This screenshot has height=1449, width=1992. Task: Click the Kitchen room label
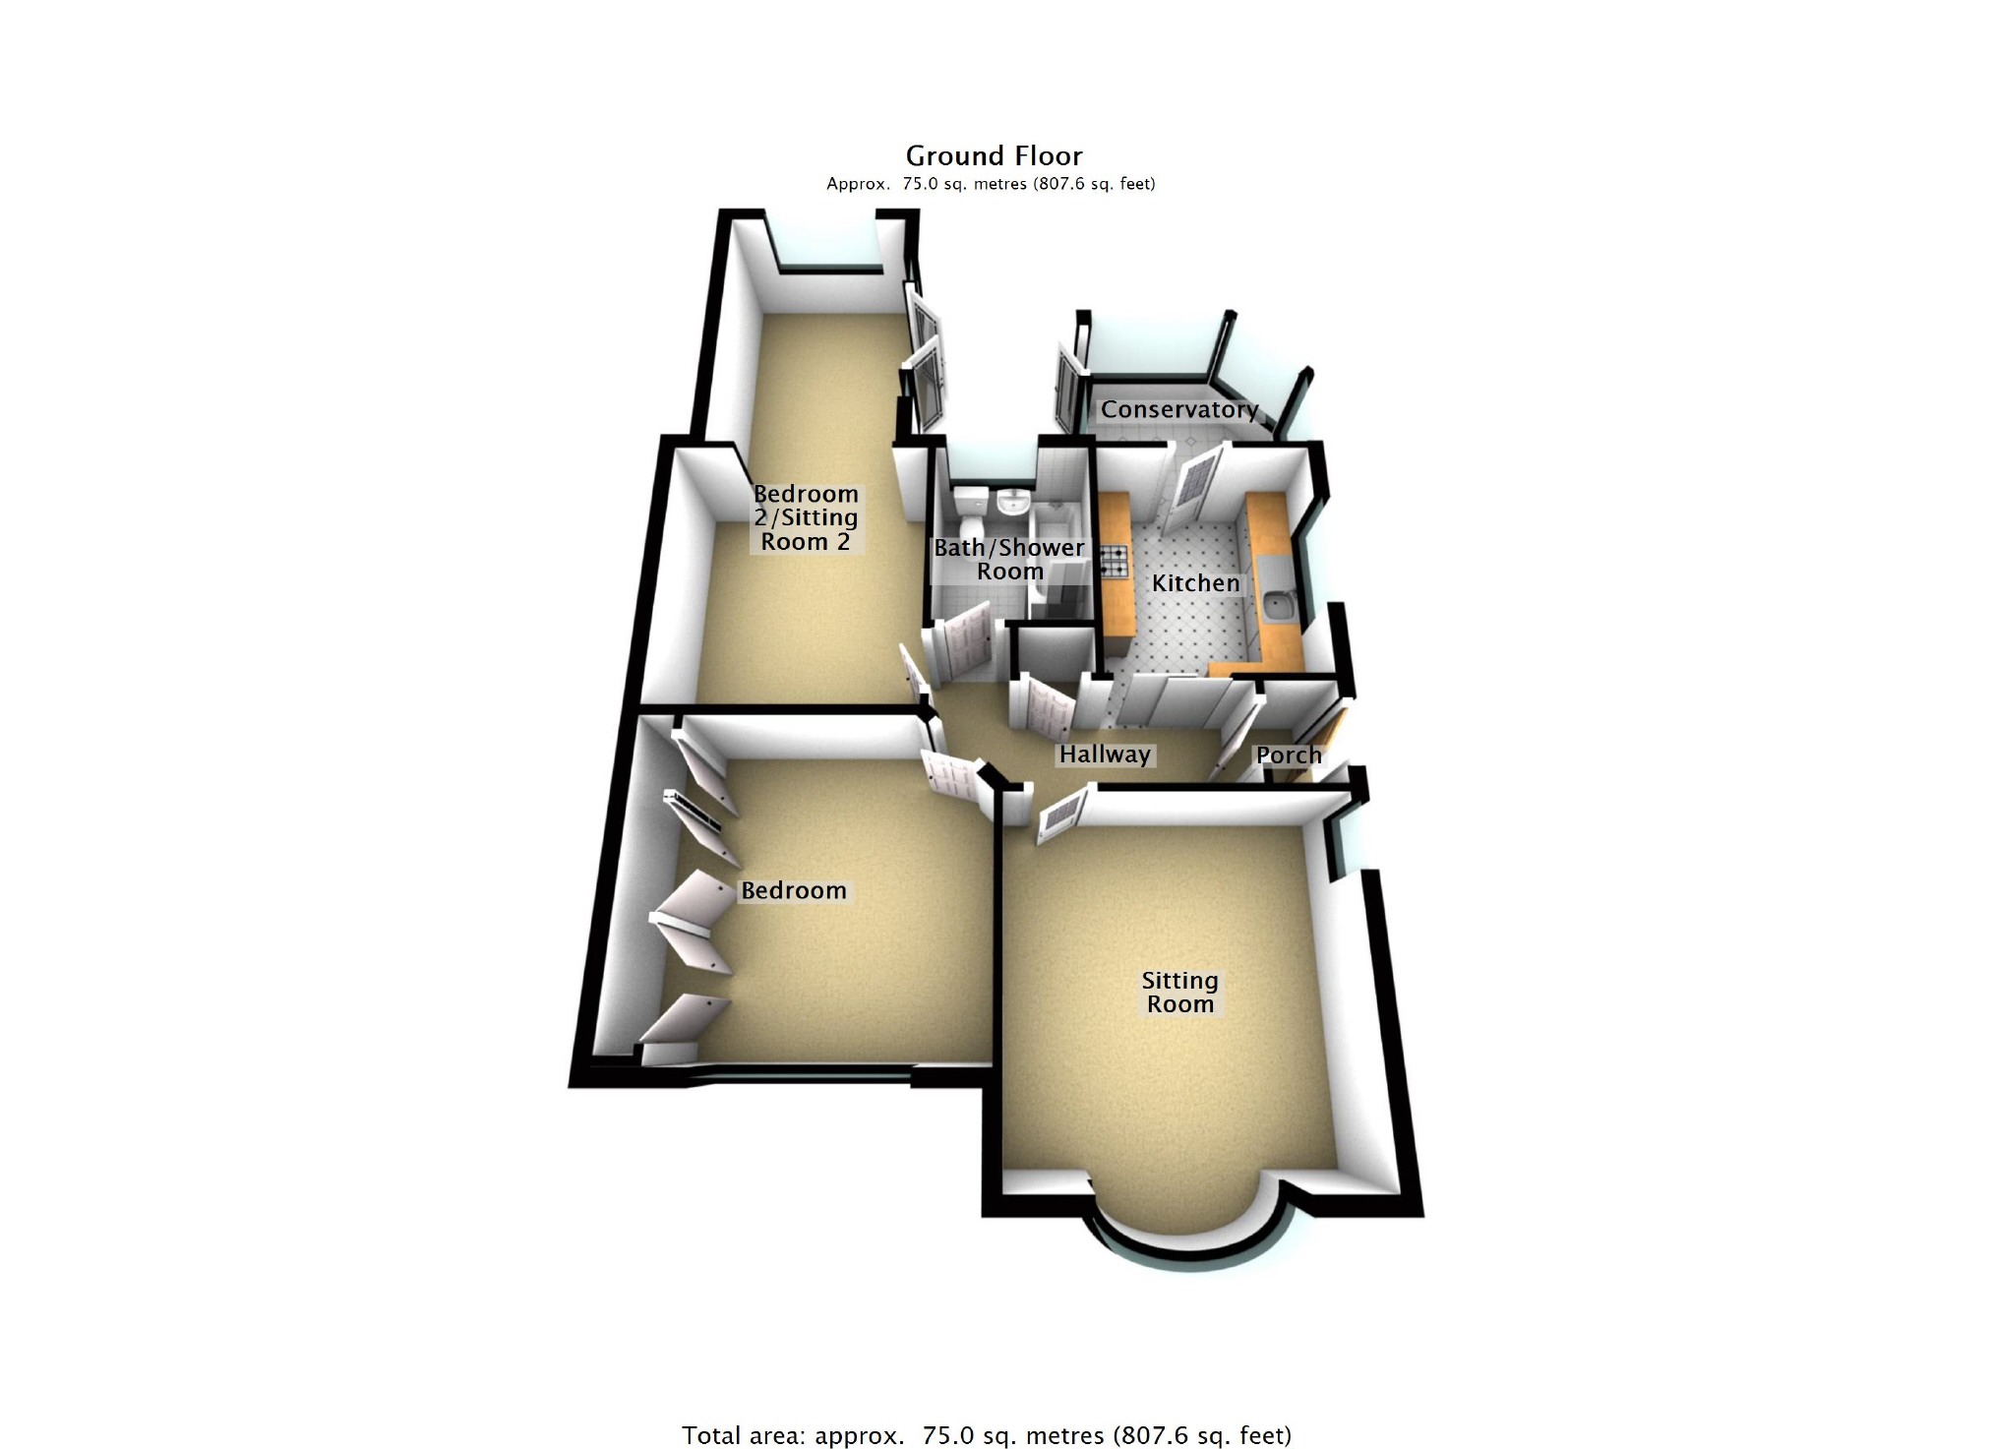tap(1195, 583)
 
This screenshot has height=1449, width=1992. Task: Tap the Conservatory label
tap(1178, 409)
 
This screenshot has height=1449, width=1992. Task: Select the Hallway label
tap(1105, 755)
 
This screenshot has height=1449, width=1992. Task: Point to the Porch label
tap(1289, 755)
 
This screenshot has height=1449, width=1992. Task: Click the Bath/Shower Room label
tap(1009, 560)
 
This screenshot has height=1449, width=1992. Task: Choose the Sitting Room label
tap(1179, 993)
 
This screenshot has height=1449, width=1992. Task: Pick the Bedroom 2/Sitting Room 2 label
tap(806, 517)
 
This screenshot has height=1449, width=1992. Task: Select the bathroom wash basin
tap(1012, 504)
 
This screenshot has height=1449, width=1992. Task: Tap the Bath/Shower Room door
tap(958, 644)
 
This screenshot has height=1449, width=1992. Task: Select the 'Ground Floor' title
tap(994, 156)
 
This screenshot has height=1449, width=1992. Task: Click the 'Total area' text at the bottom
tap(986, 1435)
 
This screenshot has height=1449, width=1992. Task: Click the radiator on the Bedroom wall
tap(700, 807)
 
